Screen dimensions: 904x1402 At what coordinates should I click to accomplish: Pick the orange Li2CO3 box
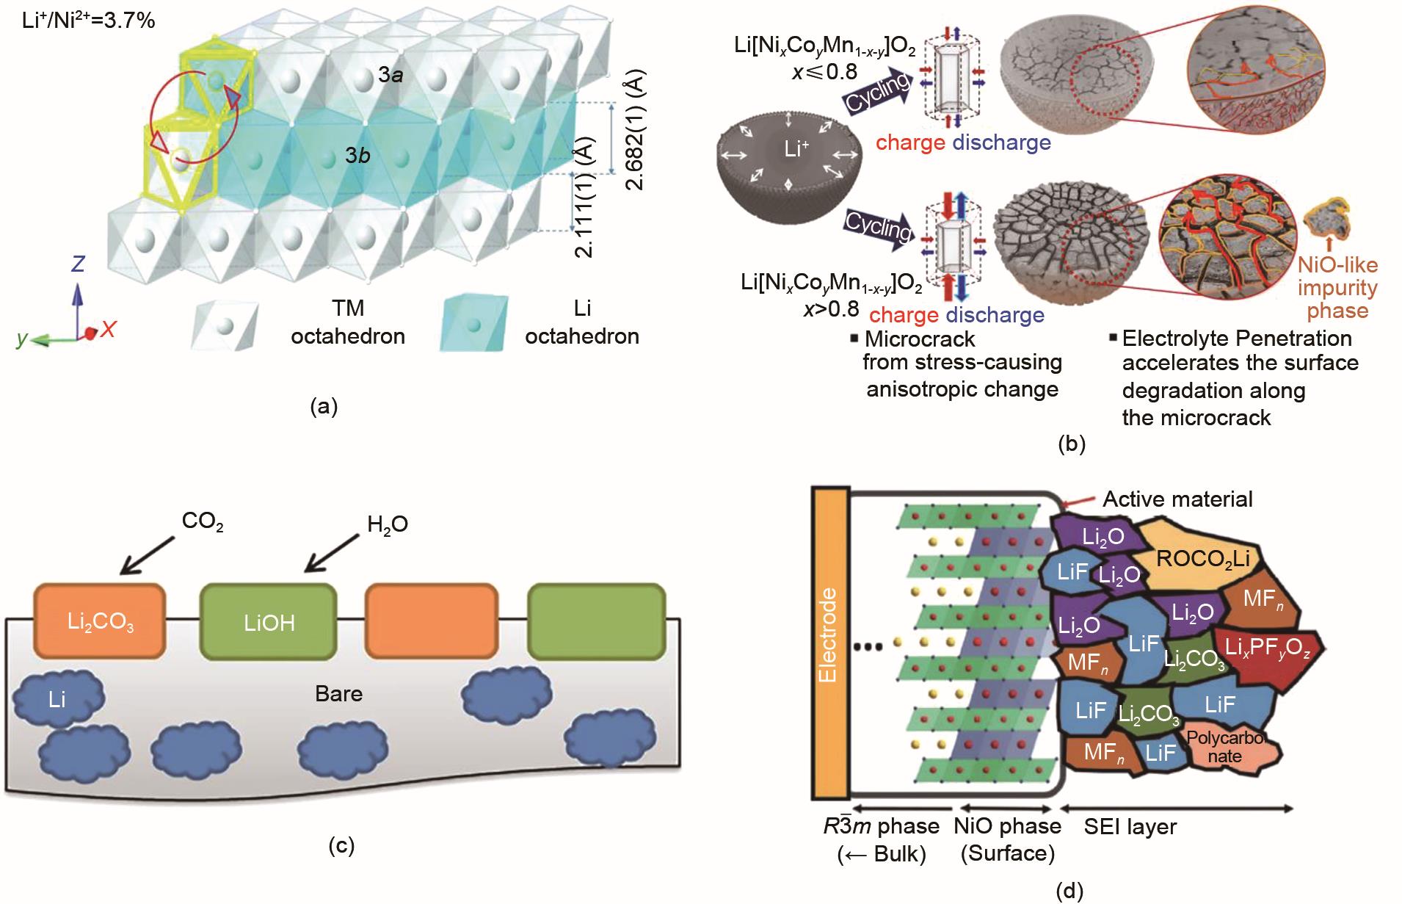101,621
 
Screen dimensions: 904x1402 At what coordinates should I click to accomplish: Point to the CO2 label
203,522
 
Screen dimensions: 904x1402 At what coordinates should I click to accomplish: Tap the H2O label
388,524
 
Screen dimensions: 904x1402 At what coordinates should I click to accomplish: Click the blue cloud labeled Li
58,698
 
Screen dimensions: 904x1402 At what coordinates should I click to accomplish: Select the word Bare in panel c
338,693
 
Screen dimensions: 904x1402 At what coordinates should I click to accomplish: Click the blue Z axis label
77,264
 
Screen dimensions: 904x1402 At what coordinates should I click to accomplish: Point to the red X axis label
108,330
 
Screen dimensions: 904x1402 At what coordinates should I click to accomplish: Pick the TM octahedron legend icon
225,323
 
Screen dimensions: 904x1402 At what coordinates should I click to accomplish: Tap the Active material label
1177,499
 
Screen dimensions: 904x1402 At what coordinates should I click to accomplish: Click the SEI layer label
1130,827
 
